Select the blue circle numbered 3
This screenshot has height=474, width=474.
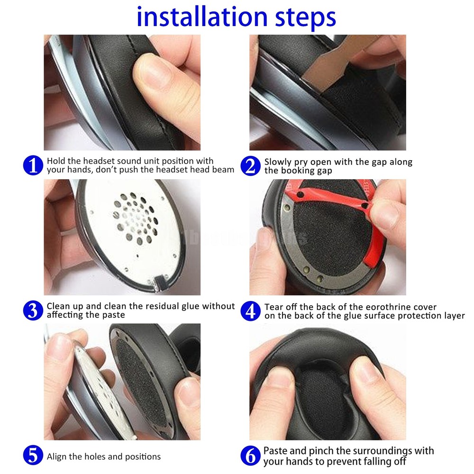pyautogui.click(x=33, y=310)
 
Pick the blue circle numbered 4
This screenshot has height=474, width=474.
pyautogui.click(x=251, y=311)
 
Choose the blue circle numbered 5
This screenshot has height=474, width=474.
pyautogui.click(x=33, y=456)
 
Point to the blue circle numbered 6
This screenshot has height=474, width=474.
pyautogui.click(x=251, y=456)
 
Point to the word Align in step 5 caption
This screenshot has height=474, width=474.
pyautogui.click(x=58, y=457)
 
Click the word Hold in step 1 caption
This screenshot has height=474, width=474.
pyautogui.click(x=56, y=162)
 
